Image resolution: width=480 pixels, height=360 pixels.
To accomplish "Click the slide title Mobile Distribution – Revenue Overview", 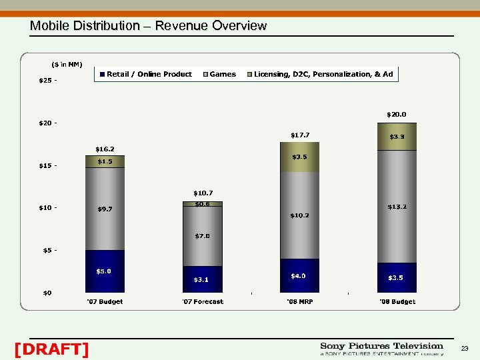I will click(x=148, y=26).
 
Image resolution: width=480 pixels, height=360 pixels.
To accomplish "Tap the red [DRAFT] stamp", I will click(x=51, y=349).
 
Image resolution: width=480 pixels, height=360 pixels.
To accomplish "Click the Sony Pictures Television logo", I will click(x=381, y=349).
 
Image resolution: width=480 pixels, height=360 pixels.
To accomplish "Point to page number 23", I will click(x=465, y=349).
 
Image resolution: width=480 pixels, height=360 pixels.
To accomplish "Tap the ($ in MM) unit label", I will click(x=67, y=65).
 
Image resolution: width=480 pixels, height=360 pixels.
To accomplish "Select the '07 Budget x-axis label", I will click(x=105, y=302).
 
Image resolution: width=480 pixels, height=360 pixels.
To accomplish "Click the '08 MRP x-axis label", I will click(x=299, y=302).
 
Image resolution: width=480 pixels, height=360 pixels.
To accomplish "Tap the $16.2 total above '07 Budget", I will click(x=105, y=149).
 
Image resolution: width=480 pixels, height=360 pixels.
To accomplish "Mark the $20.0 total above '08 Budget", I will click(x=397, y=115).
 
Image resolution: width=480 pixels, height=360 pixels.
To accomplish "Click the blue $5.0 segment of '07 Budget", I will click(x=105, y=271).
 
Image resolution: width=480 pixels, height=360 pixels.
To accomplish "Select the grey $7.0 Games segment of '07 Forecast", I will click(x=202, y=236).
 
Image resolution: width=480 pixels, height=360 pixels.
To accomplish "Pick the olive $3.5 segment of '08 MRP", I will click(x=299, y=157).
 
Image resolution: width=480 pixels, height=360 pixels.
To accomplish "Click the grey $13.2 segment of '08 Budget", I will click(x=397, y=207).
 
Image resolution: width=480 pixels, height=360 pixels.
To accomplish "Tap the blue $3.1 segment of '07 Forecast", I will click(x=202, y=279).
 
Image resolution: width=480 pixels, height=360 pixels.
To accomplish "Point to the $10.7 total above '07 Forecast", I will click(x=202, y=193).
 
